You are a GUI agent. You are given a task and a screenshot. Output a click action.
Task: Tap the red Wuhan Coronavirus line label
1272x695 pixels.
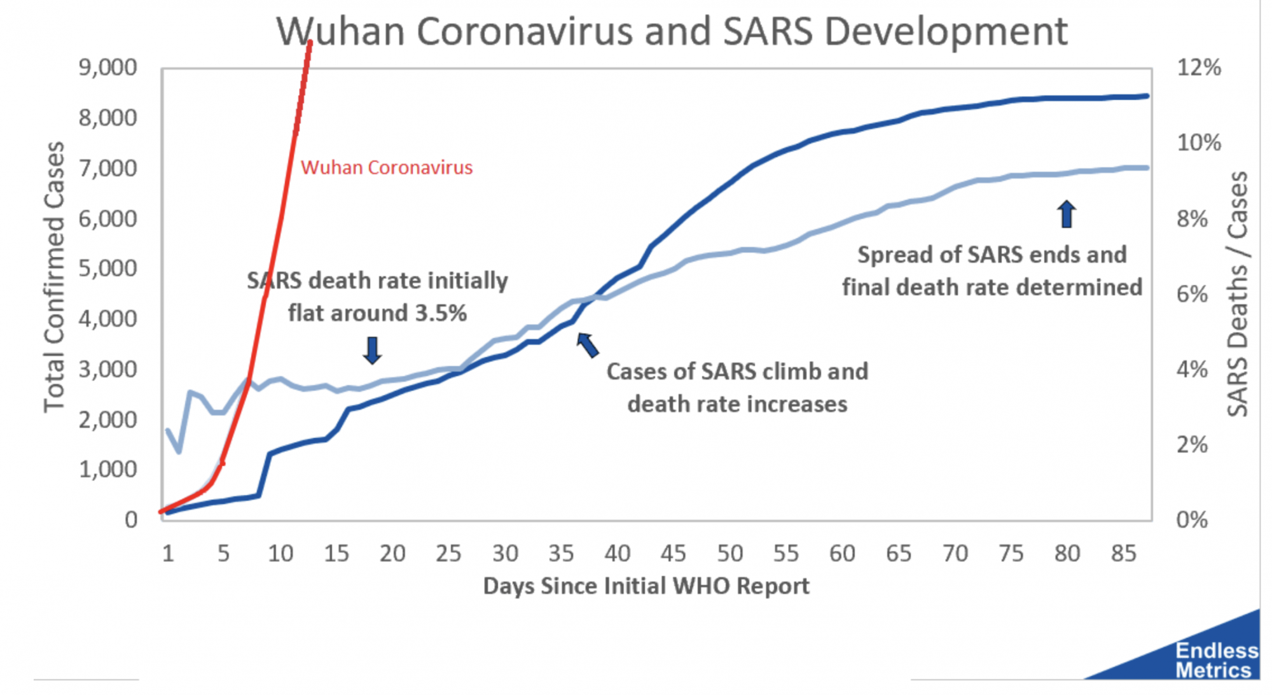[x=387, y=167]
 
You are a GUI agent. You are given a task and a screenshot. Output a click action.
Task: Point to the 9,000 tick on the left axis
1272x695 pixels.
[x=107, y=67]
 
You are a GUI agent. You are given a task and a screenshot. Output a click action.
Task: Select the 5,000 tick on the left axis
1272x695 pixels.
[x=107, y=269]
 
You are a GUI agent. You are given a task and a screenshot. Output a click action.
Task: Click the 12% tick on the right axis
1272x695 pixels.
[x=1198, y=67]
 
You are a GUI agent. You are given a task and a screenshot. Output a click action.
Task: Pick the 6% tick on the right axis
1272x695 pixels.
[x=1192, y=294]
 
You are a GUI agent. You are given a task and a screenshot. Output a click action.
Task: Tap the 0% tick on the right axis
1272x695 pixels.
[x=1192, y=519]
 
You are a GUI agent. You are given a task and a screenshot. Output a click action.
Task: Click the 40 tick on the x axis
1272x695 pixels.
[x=617, y=554]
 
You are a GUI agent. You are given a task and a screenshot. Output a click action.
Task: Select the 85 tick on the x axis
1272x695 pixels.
[x=1123, y=554]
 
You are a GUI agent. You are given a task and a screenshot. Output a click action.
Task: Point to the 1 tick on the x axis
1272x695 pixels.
[x=168, y=554]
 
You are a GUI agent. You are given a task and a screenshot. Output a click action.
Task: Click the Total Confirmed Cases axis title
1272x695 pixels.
[x=55, y=277]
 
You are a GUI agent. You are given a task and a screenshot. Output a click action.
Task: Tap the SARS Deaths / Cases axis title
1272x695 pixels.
[x=1237, y=294]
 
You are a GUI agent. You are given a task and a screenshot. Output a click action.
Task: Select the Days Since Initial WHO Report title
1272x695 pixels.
[x=646, y=586]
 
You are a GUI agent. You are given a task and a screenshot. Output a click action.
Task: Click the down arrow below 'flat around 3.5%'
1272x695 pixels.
[x=372, y=350]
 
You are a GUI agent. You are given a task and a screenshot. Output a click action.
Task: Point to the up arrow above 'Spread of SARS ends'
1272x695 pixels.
[x=1067, y=214]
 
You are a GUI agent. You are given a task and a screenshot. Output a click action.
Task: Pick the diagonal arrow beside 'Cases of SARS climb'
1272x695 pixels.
[x=588, y=345]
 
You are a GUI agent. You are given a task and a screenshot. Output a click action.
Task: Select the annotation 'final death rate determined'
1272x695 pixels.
[x=992, y=287]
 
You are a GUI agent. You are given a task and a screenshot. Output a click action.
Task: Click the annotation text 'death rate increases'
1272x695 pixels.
[x=737, y=404]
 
